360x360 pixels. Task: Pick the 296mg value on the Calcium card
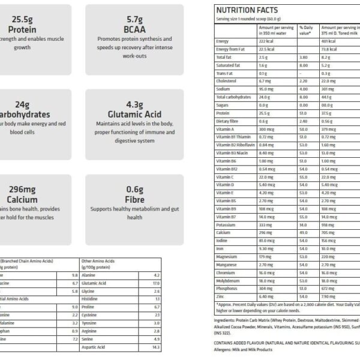coord(23,189)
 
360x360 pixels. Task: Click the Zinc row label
coord(220,296)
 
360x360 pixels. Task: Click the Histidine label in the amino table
coord(89,298)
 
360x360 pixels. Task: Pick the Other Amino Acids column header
coord(98,261)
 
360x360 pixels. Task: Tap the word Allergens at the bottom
coord(225,349)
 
